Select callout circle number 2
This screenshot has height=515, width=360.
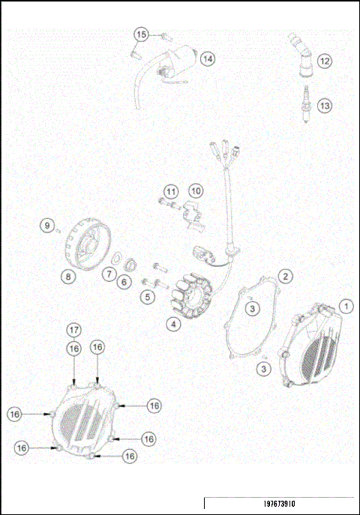click(x=286, y=276)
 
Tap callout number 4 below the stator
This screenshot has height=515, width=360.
click(x=173, y=325)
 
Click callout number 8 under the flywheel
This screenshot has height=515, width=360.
click(x=68, y=277)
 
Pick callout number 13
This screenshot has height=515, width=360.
click(x=324, y=106)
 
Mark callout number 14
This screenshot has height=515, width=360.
click(x=207, y=58)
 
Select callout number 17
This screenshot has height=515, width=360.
click(x=73, y=330)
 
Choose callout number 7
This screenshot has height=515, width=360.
click(x=109, y=275)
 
